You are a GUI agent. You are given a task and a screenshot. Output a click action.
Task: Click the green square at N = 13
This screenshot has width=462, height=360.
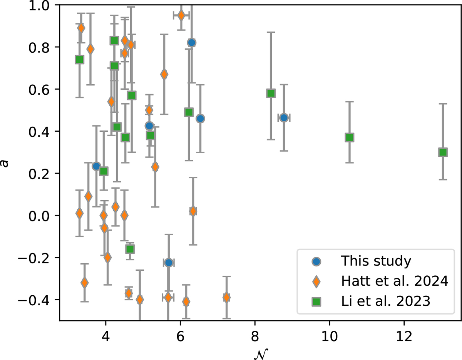443,152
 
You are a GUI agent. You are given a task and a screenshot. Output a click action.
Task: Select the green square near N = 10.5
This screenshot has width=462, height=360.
349,137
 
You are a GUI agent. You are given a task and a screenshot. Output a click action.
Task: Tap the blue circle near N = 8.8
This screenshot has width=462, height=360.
284,118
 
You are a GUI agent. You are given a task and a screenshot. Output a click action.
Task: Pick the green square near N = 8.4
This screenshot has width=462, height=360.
271,93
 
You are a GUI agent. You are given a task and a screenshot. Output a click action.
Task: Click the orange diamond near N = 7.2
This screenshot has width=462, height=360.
226,297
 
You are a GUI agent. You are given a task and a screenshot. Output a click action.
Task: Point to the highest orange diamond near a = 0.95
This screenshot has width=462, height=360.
181,15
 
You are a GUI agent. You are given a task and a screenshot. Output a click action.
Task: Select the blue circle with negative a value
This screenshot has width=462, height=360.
168,263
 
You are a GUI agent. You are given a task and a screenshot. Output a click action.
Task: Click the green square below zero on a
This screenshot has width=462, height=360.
130,249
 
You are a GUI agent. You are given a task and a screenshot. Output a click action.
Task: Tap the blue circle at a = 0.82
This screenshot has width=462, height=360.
192,42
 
